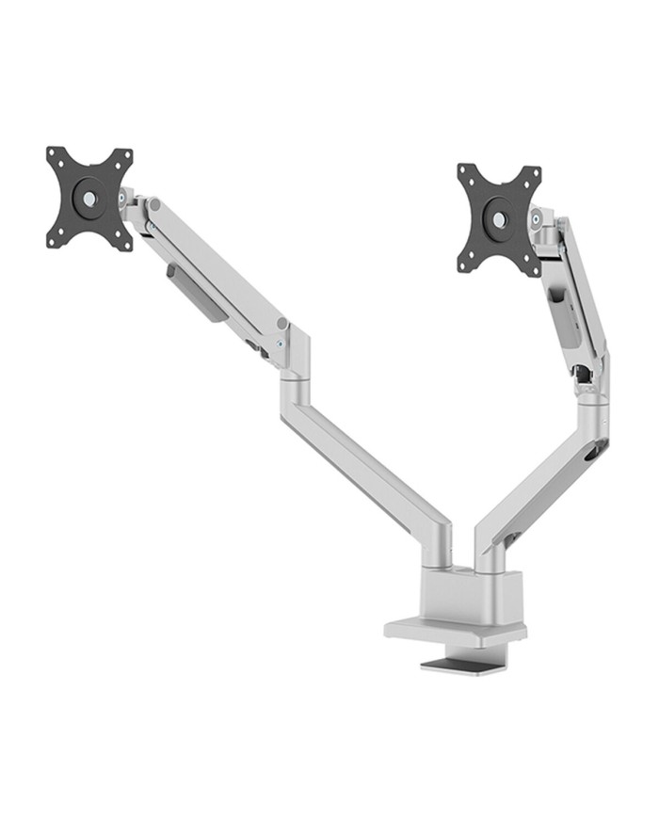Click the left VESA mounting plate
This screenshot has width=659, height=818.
pyautogui.click(x=89, y=199)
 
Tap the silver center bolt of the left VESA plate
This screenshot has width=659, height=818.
pyautogui.click(x=89, y=199)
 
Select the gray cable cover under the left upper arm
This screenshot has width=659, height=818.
pyautogui.click(x=198, y=293)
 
